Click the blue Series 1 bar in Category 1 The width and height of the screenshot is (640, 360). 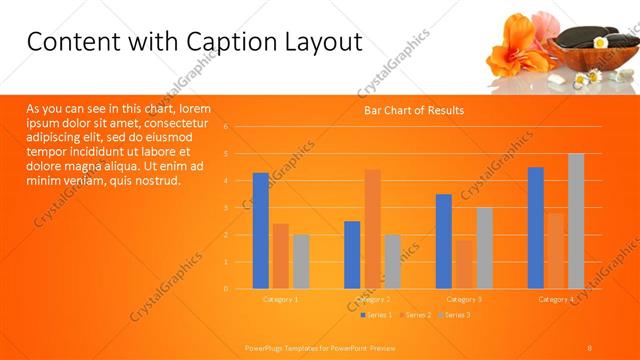click(x=260, y=231)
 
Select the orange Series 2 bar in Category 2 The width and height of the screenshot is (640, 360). click(x=372, y=229)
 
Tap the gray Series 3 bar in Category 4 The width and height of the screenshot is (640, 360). click(x=576, y=221)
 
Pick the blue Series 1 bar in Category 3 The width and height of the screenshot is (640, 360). click(x=444, y=241)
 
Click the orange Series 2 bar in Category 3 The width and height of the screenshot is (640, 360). click(x=464, y=264)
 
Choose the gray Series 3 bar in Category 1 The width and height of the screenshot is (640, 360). click(x=301, y=262)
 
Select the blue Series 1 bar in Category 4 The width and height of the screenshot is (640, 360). click(x=536, y=228)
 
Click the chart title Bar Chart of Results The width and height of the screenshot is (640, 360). click(x=413, y=110)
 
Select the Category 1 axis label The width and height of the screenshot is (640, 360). click(x=280, y=299)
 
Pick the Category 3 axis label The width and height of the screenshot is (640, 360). click(x=464, y=299)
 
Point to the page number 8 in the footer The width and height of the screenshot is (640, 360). click(x=589, y=347)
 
